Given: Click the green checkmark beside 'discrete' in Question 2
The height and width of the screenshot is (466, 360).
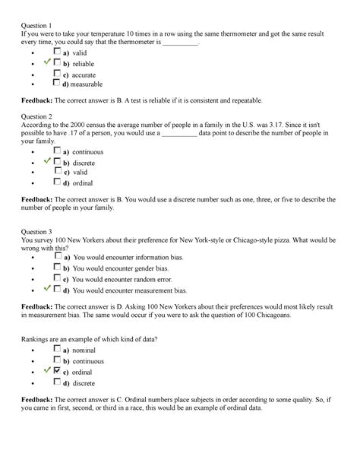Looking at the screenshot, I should coord(48,161).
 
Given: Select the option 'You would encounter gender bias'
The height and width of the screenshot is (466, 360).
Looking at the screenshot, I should coord(122,269).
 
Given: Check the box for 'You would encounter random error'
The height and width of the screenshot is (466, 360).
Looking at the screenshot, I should coord(58,279).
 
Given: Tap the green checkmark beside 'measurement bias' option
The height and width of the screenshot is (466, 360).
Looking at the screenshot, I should coord(48,289).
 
